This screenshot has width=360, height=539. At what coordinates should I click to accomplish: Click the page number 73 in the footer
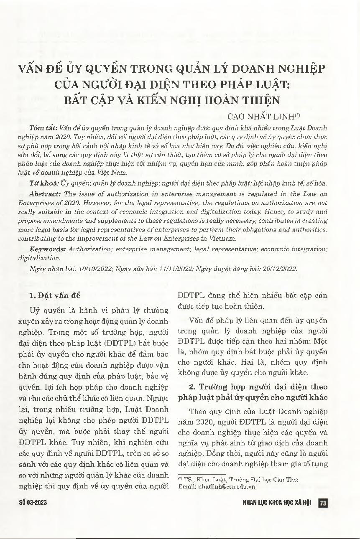[x=322, y=503]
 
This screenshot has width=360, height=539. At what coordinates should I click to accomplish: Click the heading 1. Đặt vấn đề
[x=58, y=295]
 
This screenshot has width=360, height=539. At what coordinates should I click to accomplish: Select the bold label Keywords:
[x=47, y=249]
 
